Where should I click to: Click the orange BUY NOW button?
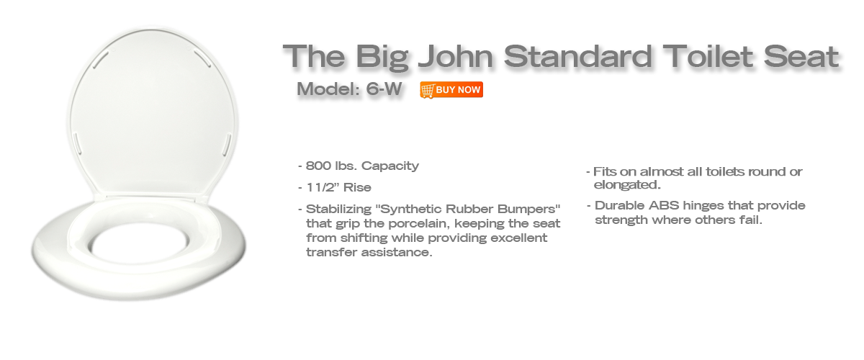coord(451,90)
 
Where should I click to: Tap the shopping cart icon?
coord(428,90)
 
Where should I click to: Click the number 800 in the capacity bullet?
coord(319,166)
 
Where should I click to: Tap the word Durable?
coord(620,205)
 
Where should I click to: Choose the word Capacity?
coord(390,166)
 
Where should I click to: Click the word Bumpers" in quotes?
coord(524,210)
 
